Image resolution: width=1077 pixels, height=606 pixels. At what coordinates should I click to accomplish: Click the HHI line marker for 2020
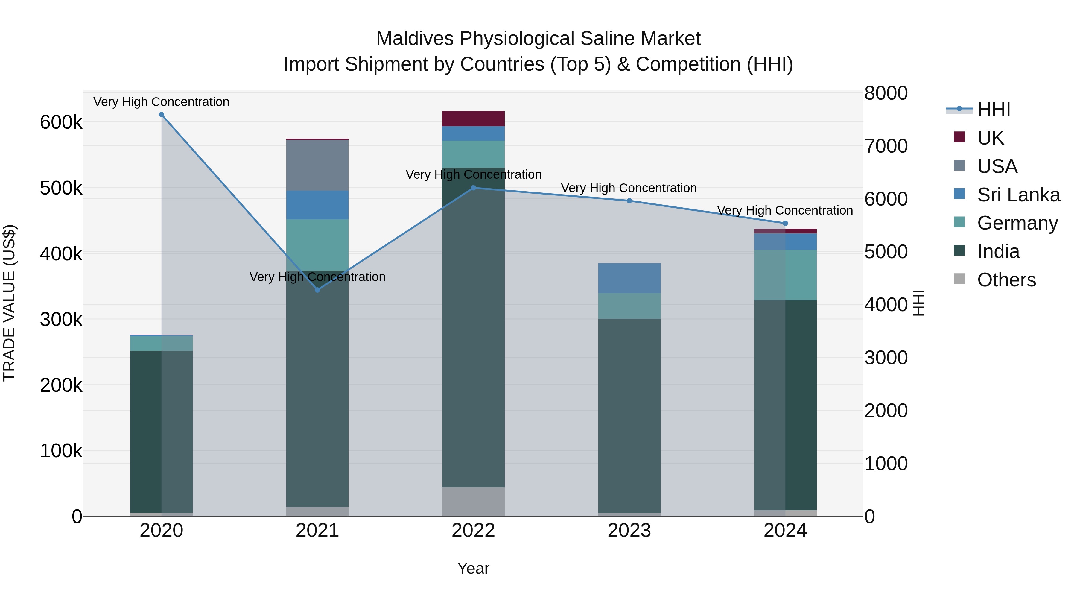(x=161, y=115)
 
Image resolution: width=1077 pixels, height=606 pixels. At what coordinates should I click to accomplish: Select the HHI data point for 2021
(x=317, y=290)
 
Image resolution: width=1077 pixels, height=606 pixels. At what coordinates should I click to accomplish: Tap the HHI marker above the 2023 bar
(x=629, y=201)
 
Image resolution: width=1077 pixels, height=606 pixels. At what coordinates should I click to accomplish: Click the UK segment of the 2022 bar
(x=473, y=119)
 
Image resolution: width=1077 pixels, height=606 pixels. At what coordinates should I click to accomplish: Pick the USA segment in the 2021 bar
(x=317, y=165)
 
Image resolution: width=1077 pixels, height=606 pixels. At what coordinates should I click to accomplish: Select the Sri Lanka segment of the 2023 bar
(x=629, y=278)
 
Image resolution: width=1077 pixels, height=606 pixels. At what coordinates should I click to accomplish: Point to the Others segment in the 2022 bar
(x=473, y=502)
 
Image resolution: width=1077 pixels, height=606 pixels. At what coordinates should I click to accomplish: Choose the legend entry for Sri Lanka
(x=1018, y=195)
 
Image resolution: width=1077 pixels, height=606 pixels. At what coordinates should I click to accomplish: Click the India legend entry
(x=998, y=252)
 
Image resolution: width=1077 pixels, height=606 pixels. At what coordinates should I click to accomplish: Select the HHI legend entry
(x=993, y=110)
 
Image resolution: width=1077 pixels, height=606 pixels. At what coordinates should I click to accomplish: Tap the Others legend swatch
(x=959, y=279)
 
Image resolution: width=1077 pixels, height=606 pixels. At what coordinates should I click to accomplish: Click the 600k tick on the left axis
(x=61, y=122)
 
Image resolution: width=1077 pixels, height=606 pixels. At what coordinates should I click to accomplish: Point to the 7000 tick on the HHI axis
(x=886, y=146)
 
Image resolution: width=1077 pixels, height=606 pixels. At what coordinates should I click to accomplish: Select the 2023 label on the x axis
(x=629, y=531)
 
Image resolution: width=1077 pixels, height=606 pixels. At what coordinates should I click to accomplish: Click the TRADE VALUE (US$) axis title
(x=9, y=303)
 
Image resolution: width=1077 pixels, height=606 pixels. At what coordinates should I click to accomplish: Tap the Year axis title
(x=473, y=568)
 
